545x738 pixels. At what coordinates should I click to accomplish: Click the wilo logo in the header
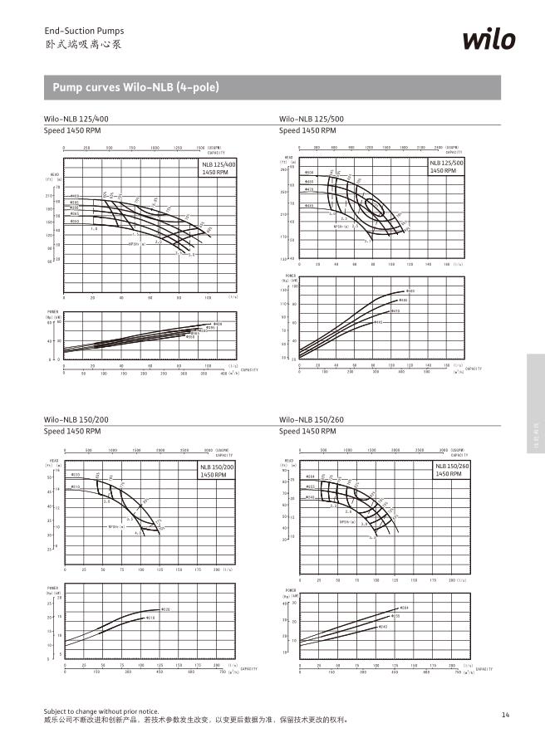489,40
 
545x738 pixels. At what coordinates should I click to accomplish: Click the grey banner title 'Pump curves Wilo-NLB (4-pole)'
135,87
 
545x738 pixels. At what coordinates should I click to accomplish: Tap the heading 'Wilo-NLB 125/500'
312,120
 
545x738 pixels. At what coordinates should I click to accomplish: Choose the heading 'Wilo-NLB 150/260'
312,420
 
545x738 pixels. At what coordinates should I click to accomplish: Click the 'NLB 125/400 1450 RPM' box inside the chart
218,168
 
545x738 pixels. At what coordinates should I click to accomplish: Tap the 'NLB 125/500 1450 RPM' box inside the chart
446,167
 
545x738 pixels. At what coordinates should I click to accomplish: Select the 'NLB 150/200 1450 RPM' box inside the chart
218,471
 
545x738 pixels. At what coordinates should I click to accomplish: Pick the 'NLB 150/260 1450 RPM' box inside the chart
453,471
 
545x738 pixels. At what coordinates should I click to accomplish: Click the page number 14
506,714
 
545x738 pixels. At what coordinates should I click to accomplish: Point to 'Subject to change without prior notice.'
101,711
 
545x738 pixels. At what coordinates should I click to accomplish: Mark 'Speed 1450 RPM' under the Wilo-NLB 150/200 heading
72,432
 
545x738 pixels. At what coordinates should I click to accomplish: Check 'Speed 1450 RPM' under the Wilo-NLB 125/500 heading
307,131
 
